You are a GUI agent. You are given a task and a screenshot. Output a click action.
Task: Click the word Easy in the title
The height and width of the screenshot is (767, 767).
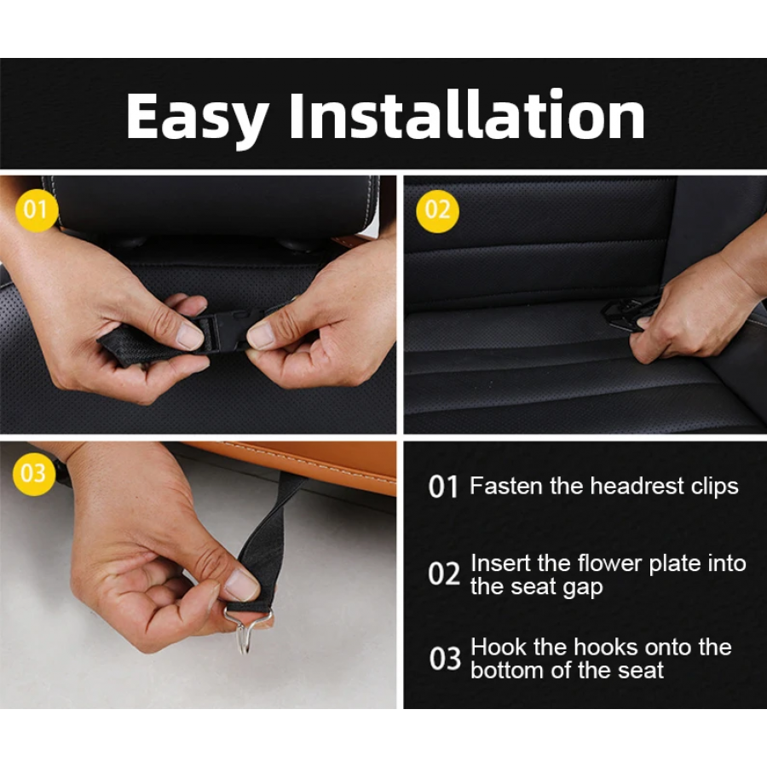[x=197, y=118]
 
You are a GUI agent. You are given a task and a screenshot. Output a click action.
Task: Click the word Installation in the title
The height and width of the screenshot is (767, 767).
[x=467, y=115]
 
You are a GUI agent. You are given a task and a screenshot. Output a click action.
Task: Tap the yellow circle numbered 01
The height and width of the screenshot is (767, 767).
[x=36, y=210]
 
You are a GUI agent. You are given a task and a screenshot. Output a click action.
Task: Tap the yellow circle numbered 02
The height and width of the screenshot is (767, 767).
[x=437, y=210]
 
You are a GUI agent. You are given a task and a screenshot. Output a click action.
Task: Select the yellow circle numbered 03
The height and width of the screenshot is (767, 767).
[x=34, y=474]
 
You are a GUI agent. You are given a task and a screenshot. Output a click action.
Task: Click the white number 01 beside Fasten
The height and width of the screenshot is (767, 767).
[x=443, y=487]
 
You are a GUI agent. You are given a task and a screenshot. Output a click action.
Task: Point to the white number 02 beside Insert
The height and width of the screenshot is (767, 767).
[x=444, y=574]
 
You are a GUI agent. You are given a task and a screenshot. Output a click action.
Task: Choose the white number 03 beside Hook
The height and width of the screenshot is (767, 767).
[x=445, y=658]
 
